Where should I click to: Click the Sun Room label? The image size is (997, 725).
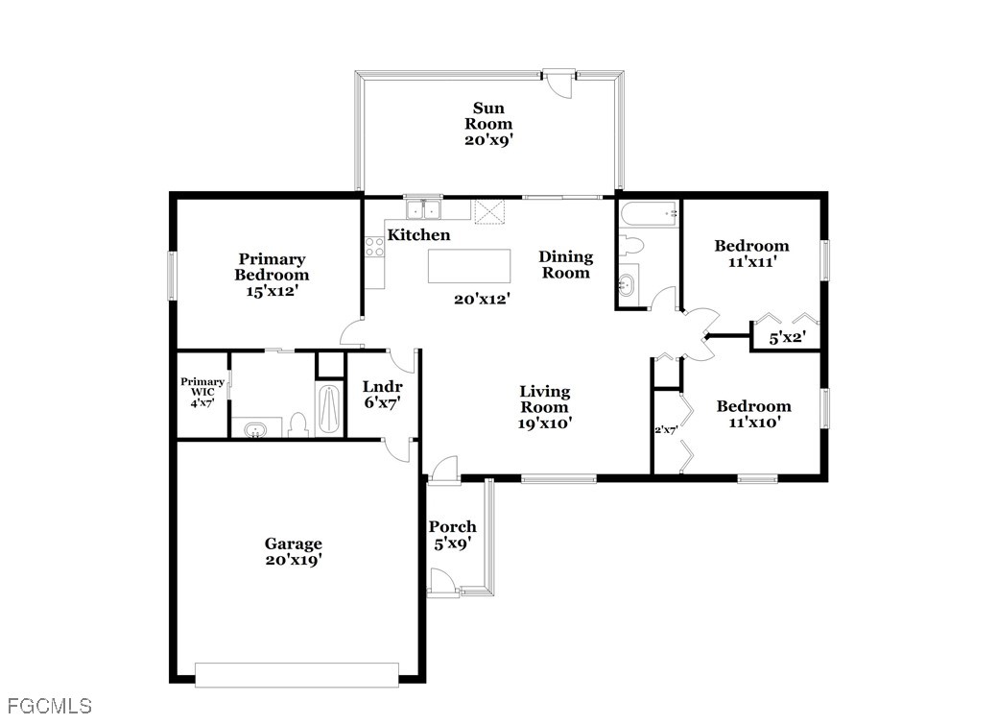click(x=488, y=116)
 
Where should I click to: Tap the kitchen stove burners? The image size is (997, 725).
click(x=374, y=247)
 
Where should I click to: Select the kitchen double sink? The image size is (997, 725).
click(x=423, y=208)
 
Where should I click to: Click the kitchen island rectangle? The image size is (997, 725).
click(x=469, y=266)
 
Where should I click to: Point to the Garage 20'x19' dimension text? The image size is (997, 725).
click(x=293, y=560)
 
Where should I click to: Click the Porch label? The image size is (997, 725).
click(x=452, y=527)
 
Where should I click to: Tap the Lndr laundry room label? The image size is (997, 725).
click(x=383, y=386)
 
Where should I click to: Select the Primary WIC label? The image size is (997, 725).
click(x=202, y=387)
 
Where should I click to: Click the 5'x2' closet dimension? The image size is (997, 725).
click(x=788, y=338)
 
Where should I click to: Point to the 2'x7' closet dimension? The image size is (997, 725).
click(x=666, y=430)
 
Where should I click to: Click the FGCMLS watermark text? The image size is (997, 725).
click(x=50, y=706)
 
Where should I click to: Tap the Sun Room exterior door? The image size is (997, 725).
click(x=558, y=83)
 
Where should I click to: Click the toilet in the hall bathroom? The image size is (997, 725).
click(x=632, y=245)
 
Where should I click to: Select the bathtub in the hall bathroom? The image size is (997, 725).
click(x=650, y=214)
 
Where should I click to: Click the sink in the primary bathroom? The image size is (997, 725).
click(x=255, y=429)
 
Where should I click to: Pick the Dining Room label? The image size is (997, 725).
click(x=565, y=265)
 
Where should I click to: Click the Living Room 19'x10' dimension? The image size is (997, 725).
click(x=545, y=423)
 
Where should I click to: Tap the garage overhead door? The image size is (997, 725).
click(x=297, y=675)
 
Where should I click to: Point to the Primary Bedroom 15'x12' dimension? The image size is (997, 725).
click(x=273, y=291)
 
